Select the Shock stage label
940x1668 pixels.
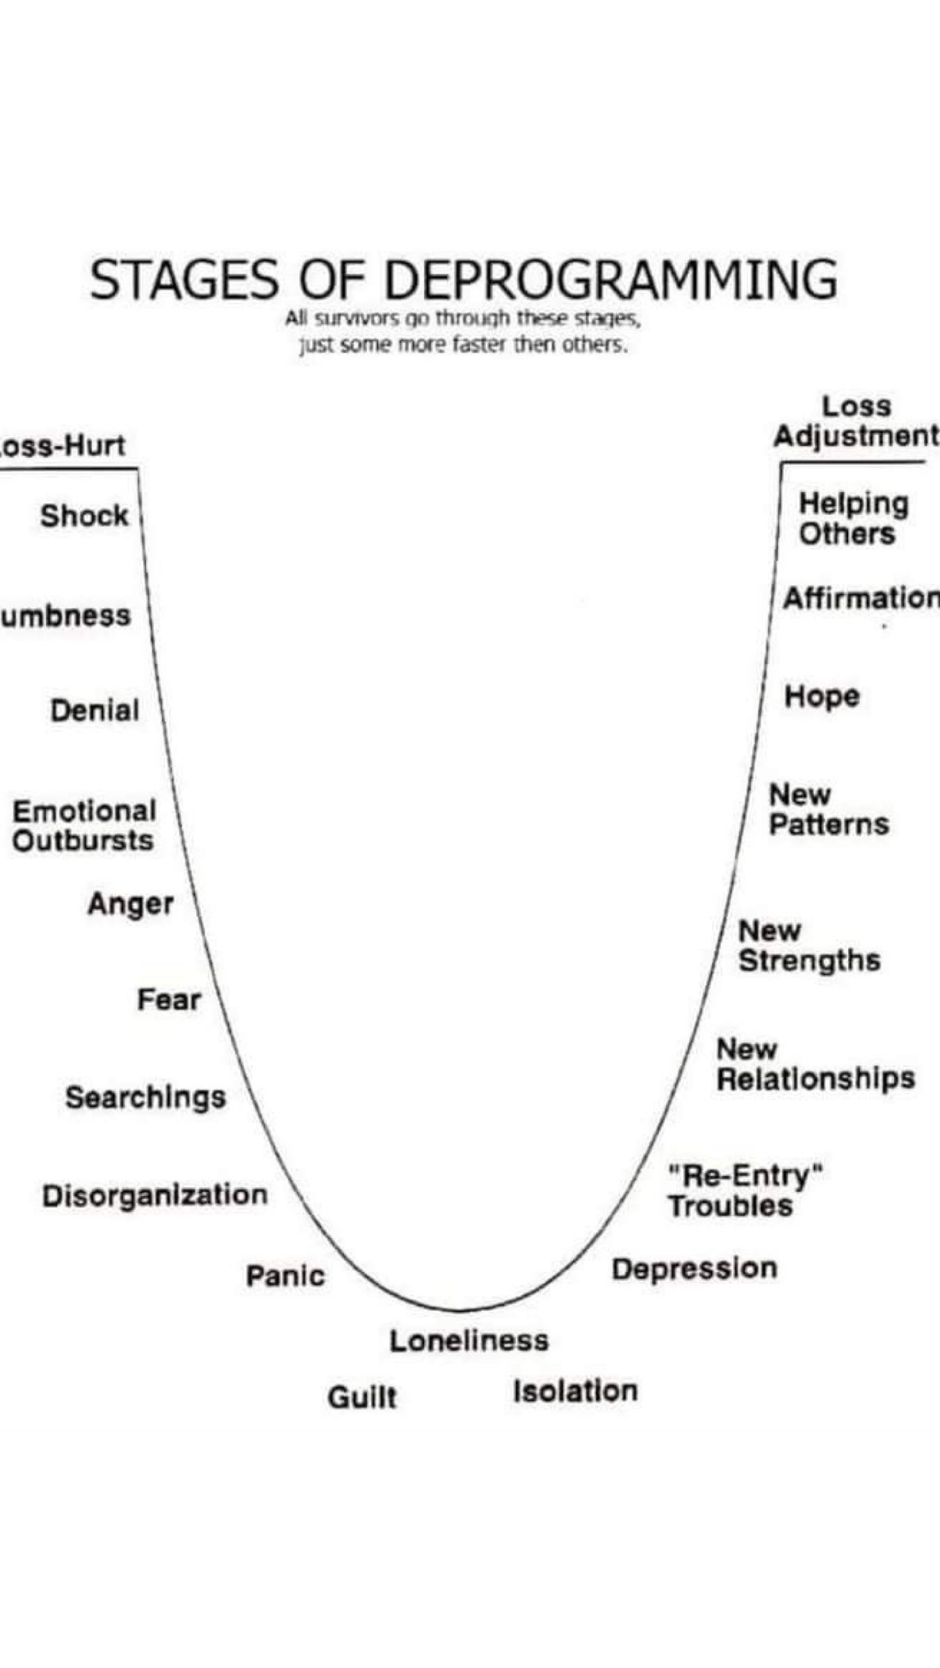pos(84,516)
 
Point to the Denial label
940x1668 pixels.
pos(95,710)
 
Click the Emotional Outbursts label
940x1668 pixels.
pos(83,826)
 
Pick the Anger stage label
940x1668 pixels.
pos(131,904)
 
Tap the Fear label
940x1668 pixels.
pos(169,1000)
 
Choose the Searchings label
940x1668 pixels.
pos(145,1097)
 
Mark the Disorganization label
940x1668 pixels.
pos(154,1195)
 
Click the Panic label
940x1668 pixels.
pos(285,1275)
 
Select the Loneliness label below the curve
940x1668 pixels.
pos(469,1341)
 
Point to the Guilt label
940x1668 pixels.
pos(362,1397)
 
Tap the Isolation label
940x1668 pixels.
pos(575,1391)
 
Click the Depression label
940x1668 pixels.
pos(694,1269)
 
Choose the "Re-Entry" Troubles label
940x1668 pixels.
pos(744,1191)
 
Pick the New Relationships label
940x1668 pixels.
pos(815,1064)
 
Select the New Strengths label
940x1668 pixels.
pos(809,946)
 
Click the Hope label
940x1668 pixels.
pos(822,696)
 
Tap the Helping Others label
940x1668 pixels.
pos(853,518)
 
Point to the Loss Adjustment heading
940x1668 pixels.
pos(856,421)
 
